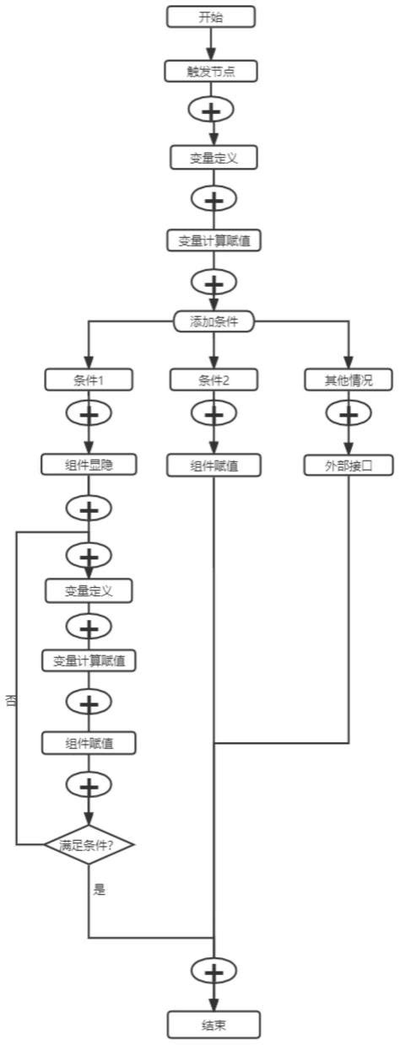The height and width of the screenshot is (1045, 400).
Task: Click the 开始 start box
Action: pyautogui.click(x=211, y=16)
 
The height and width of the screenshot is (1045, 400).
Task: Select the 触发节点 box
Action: pyautogui.click(x=211, y=71)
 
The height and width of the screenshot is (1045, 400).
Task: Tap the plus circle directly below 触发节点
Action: pyautogui.click(x=212, y=111)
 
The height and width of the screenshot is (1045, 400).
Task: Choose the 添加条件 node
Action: pyautogui.click(x=214, y=321)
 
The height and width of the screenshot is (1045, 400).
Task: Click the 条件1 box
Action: pyautogui.click(x=89, y=380)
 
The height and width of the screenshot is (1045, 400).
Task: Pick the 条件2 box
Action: pyautogui.click(x=214, y=380)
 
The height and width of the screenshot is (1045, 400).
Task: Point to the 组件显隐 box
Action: pyautogui.click(x=89, y=463)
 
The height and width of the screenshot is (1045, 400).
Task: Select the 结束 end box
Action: pyautogui.click(x=214, y=1026)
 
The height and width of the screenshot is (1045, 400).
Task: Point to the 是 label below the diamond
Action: pyautogui.click(x=100, y=889)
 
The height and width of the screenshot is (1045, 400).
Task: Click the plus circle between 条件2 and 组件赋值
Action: pyautogui.click(x=214, y=415)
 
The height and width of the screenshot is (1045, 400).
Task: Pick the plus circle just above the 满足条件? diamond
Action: pyautogui.click(x=89, y=785)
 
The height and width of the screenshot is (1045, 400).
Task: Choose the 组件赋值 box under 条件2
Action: pyautogui.click(x=214, y=465)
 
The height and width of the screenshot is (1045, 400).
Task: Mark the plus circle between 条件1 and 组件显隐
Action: pyautogui.click(x=89, y=415)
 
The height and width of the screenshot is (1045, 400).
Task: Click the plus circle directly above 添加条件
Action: pyautogui.click(x=214, y=281)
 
